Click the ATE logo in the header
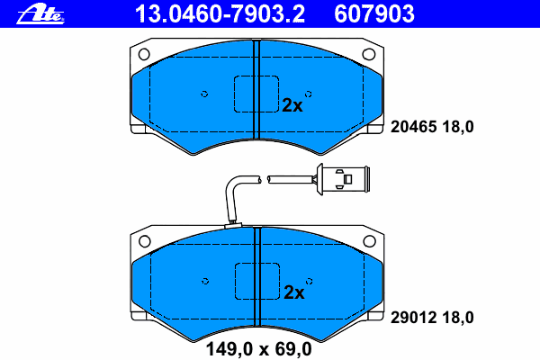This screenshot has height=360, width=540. tap(40, 13)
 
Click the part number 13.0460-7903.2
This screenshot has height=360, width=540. tap(220, 13)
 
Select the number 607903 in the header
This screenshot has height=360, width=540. tap(374, 13)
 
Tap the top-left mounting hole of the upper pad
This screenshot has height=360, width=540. tap(144, 54)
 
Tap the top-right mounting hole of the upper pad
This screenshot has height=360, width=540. tap(369, 54)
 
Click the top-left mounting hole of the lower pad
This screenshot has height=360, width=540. tap(145, 241)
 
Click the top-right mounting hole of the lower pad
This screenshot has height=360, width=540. tap(370, 241)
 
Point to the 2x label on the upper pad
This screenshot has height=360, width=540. tap(292, 105)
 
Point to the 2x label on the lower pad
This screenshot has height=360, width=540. tap(293, 292)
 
